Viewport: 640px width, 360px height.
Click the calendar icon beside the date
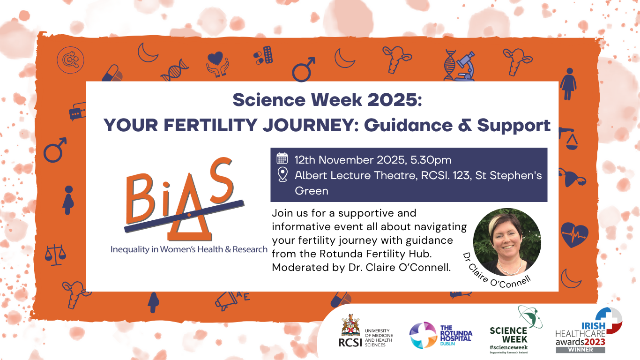point(282,158)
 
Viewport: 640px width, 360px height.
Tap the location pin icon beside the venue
point(282,175)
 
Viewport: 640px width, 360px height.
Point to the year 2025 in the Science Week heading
point(392,100)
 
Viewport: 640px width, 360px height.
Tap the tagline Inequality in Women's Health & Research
point(189,249)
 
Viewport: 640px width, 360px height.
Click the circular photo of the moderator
point(507,242)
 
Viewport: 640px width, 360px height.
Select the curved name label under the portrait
point(497,276)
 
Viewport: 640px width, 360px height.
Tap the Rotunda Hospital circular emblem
point(423,335)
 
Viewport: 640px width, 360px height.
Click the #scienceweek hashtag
point(508,346)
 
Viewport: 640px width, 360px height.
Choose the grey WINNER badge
point(580,349)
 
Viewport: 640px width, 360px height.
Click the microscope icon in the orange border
point(466,66)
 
